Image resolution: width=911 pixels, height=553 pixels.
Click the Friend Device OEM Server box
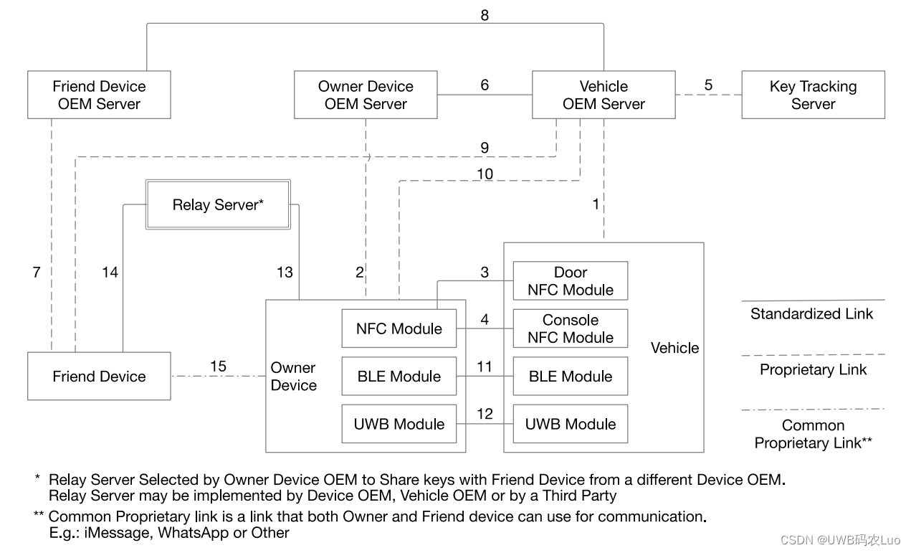tap(99, 95)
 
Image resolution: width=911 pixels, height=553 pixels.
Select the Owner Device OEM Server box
tap(366, 95)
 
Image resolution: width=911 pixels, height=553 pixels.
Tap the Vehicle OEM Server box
tap(603, 95)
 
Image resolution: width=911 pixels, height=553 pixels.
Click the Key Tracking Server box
tap(813, 95)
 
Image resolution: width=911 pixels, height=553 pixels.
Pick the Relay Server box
tap(218, 205)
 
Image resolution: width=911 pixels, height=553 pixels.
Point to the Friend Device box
tap(99, 376)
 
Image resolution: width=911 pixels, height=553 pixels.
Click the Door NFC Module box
tap(570, 281)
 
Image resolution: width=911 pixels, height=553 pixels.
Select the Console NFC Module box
tap(570, 329)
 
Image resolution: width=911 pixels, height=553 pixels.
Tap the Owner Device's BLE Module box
tap(399, 376)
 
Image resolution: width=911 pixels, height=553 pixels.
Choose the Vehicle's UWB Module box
tap(570, 424)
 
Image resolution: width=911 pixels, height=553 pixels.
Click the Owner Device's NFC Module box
tap(399, 329)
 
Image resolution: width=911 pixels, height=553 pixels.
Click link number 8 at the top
tap(485, 15)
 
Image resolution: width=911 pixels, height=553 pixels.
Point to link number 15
tap(218, 367)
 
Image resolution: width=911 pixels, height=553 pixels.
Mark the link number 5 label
tap(708, 85)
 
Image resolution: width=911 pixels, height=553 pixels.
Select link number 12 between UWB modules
tap(485, 415)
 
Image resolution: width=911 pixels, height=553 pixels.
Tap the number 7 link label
tap(37, 273)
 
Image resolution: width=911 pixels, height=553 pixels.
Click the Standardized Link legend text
tap(811, 313)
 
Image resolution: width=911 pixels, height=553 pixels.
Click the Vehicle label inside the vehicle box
tap(674, 348)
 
